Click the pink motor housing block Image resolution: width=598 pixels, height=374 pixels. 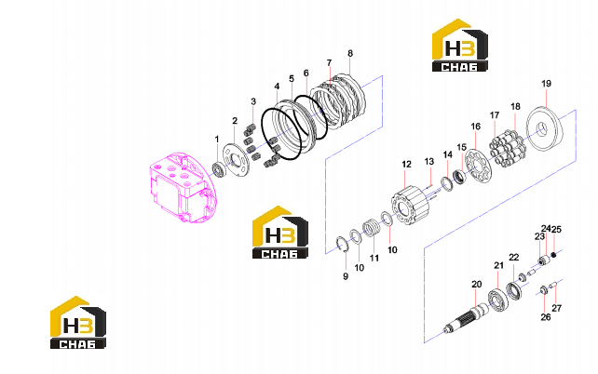pyautogui.click(x=181, y=187)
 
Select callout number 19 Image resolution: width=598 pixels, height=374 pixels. pyautogui.click(x=546, y=84)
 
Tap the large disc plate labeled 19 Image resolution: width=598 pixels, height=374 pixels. pyautogui.click(x=545, y=131)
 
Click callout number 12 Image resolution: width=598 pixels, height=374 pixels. pyautogui.click(x=406, y=164)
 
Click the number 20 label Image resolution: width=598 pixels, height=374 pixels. pyautogui.click(x=476, y=284)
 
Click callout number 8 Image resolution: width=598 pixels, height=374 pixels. pyautogui.click(x=350, y=53)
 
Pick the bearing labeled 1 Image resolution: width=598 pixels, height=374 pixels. pyautogui.click(x=219, y=169)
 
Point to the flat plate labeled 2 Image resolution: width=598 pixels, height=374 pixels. pyautogui.click(x=237, y=160)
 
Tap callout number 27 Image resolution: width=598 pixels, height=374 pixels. pyautogui.click(x=557, y=308)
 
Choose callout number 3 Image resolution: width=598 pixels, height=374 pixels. pyautogui.click(x=253, y=101)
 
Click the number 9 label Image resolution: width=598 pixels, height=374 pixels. pyautogui.click(x=346, y=276)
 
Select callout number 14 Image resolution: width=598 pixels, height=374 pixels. pyautogui.click(x=447, y=154)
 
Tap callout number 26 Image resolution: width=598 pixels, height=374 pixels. pyautogui.click(x=546, y=317)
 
